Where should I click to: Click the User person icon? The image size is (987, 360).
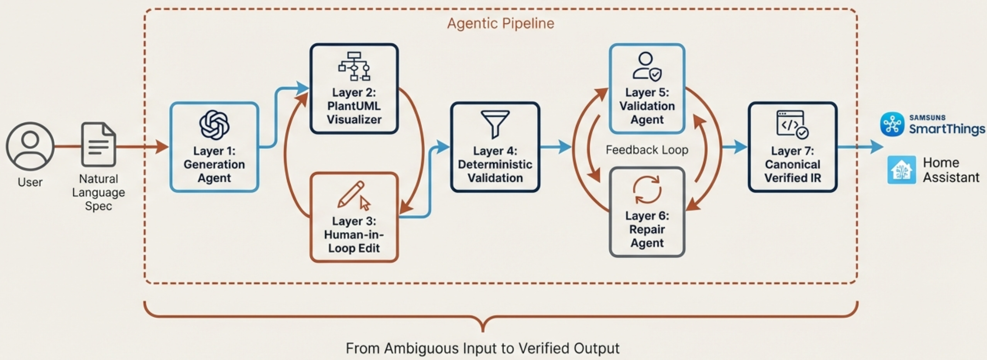(x=30, y=146)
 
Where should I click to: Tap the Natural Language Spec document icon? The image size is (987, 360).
(x=98, y=144)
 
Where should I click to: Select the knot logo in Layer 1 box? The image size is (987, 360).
(x=214, y=125)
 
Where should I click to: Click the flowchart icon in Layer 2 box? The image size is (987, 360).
(x=354, y=66)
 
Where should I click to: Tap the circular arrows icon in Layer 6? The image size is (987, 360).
(x=647, y=190)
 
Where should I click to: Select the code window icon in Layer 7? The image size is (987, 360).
(x=792, y=124)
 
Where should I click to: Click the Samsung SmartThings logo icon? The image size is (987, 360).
(x=892, y=124)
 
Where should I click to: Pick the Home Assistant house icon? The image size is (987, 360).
(x=901, y=169)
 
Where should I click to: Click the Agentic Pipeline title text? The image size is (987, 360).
(x=501, y=23)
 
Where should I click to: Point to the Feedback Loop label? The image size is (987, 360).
(x=647, y=150)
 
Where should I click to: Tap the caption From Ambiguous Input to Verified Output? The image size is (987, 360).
(x=482, y=348)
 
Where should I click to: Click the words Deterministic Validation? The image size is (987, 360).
(x=495, y=171)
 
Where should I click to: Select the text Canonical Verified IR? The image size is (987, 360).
(x=792, y=171)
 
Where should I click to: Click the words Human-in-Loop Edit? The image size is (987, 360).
(x=354, y=241)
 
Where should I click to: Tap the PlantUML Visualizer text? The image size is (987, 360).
(x=354, y=113)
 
